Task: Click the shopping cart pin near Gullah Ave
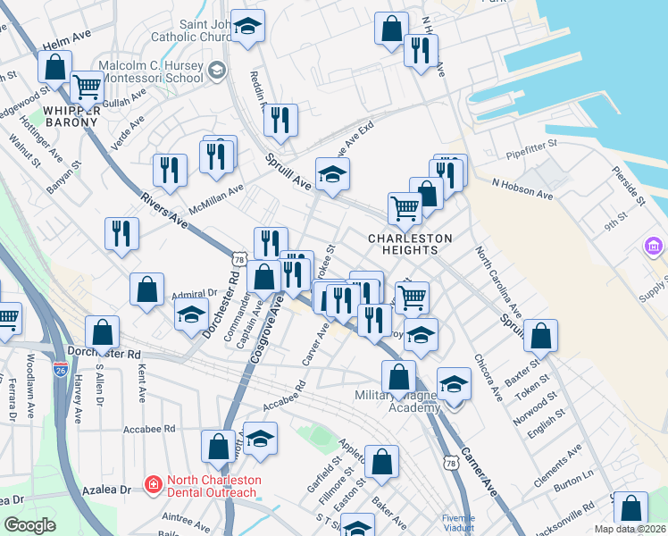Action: pyautogui.click(x=87, y=88)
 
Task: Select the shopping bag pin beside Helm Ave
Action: pyautogui.click(x=54, y=67)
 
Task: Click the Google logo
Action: pyautogui.click(x=29, y=525)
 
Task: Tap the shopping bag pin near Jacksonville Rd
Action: pyautogui.click(x=630, y=507)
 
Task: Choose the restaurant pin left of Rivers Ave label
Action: pyautogui.click(x=121, y=234)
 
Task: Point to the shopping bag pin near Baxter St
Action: pyautogui.click(x=540, y=336)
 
